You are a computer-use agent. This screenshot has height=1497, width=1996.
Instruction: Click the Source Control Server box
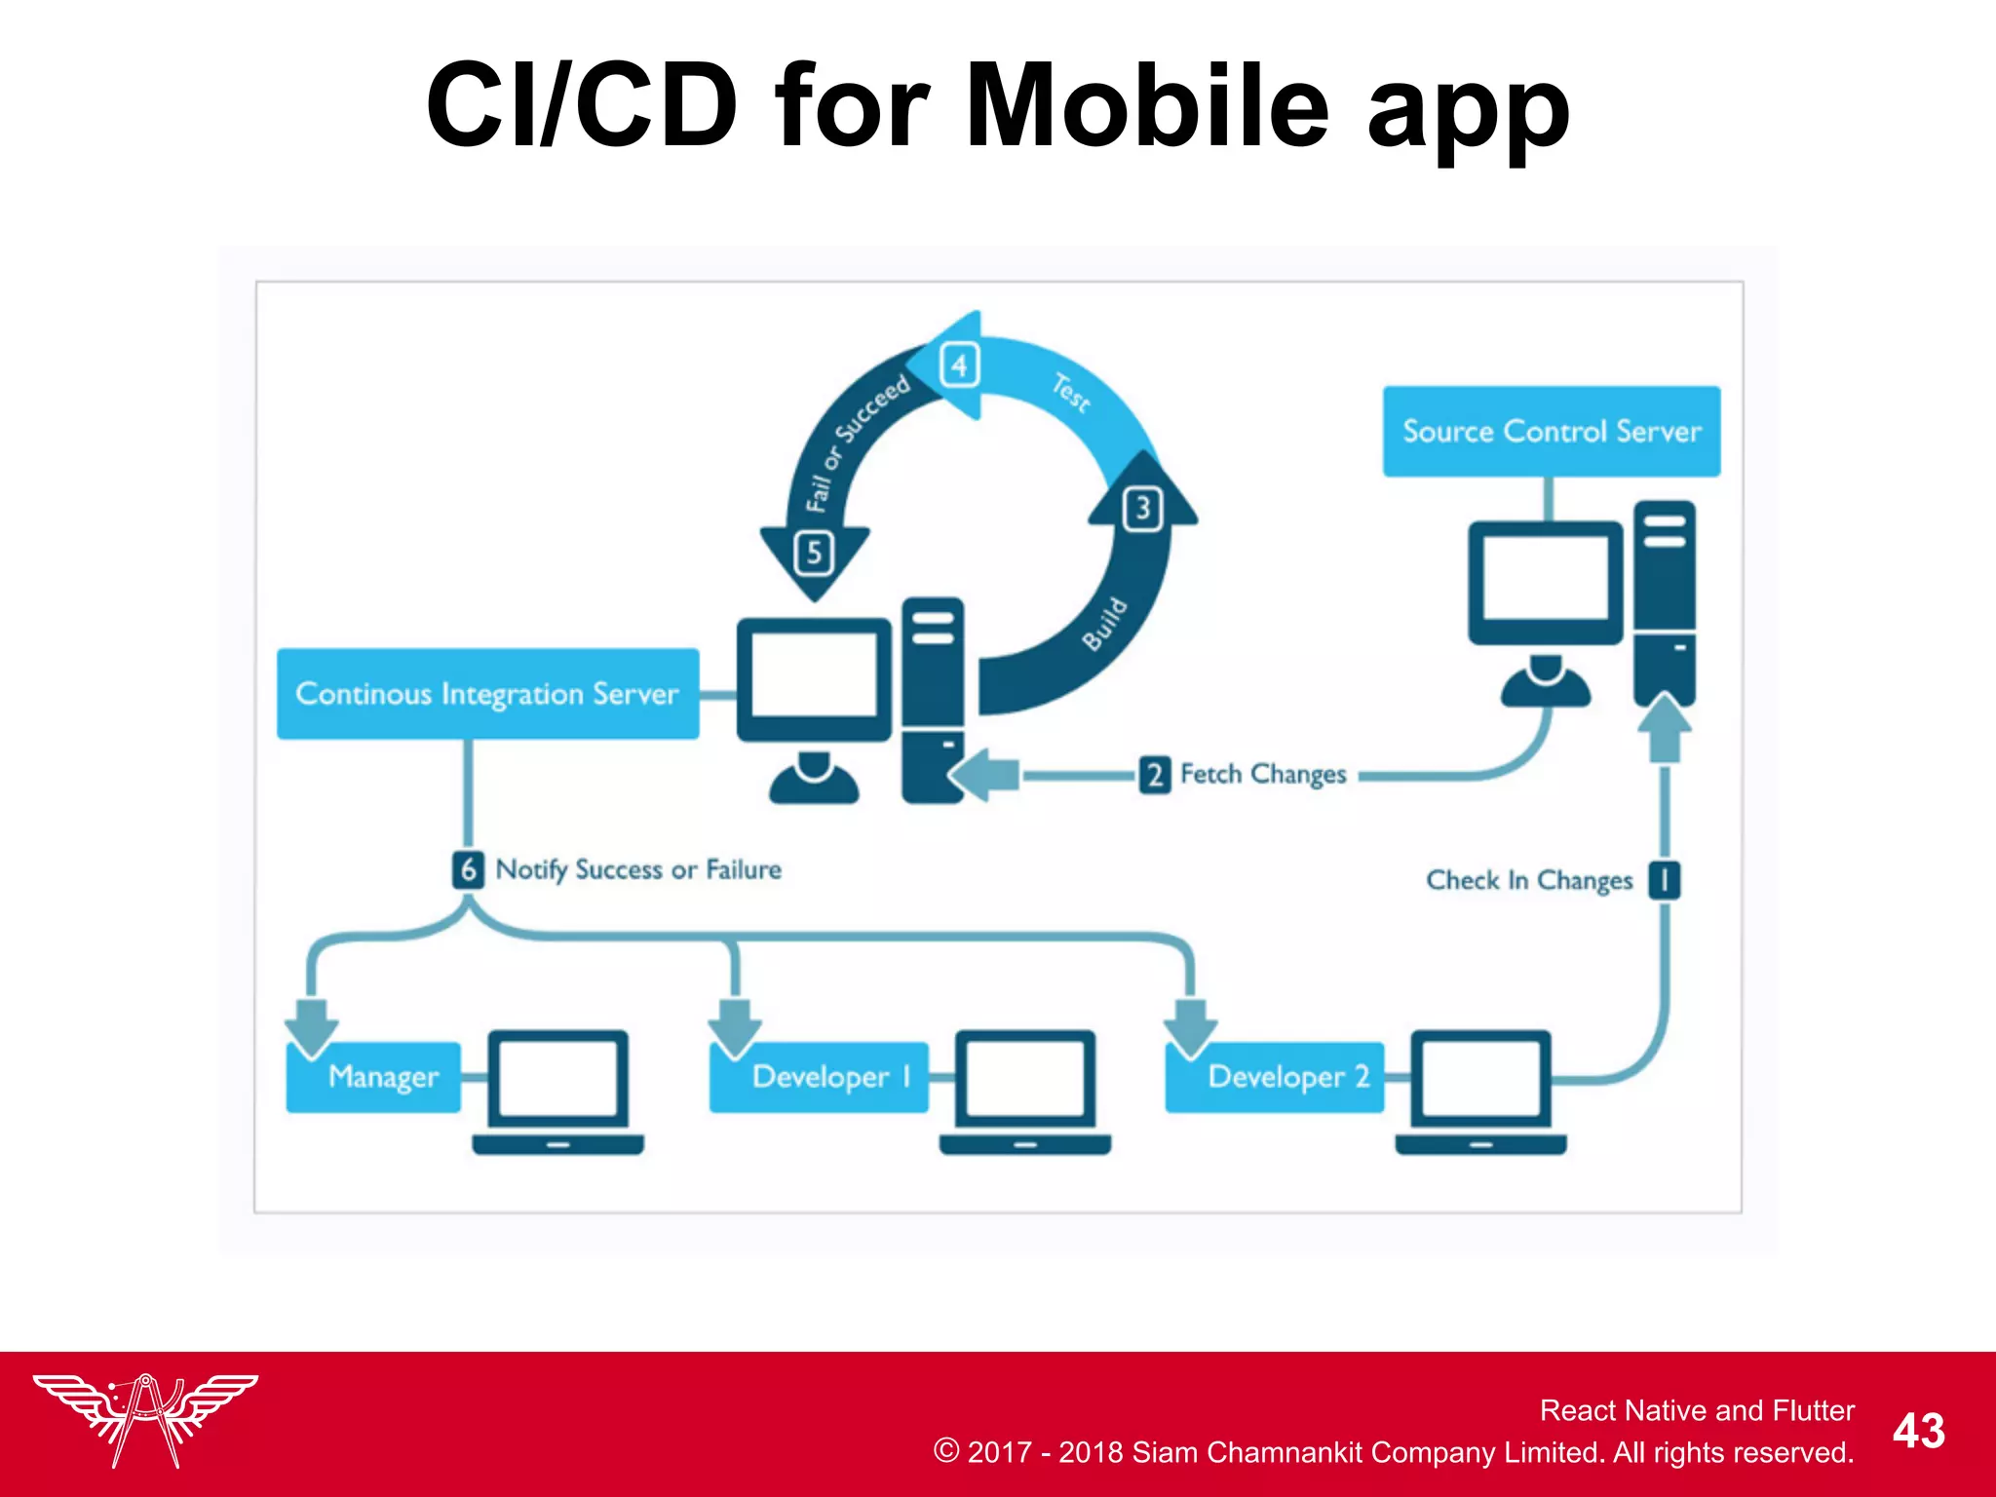coord(1551,431)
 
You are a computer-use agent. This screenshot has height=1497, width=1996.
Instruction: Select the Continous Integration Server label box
coord(487,693)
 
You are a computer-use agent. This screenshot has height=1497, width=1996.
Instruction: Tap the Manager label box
coord(374,1077)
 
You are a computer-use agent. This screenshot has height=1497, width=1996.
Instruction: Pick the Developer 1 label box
coord(819,1077)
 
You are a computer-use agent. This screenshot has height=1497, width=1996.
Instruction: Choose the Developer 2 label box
coord(1275,1077)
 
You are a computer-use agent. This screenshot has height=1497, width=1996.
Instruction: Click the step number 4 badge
coord(960,365)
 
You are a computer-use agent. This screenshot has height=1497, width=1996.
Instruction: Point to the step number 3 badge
coord(1143,509)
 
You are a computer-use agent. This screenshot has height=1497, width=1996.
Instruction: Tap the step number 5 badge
coord(814,553)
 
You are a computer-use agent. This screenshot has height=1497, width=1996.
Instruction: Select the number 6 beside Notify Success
coord(468,869)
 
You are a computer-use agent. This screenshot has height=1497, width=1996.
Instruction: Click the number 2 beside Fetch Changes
coord(1154,775)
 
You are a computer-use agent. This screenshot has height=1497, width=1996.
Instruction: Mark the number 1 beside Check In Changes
coord(1664,880)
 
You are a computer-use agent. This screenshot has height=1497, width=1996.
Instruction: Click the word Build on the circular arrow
coord(1105,624)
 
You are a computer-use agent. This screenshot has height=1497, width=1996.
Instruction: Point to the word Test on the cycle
coord(1070,393)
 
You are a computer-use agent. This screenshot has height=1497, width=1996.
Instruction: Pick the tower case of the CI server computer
coord(933,699)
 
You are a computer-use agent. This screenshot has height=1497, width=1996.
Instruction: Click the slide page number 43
coord(1918,1431)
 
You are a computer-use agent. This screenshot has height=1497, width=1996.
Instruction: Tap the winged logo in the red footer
coord(145,1419)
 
